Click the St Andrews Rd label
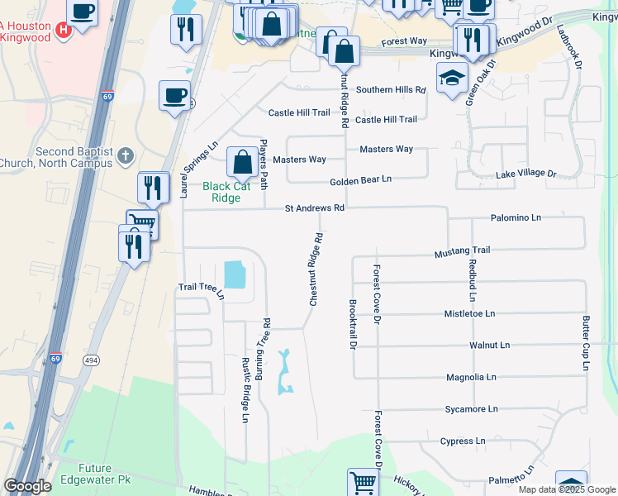click(314, 208)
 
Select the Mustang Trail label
click(463, 250)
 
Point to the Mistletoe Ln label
click(469, 314)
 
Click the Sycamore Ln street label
click(471, 408)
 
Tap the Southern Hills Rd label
click(390, 89)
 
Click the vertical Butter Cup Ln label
click(586, 342)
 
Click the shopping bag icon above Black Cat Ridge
click(242, 162)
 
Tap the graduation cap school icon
click(452, 79)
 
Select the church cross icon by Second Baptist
click(125, 155)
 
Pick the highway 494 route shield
click(91, 360)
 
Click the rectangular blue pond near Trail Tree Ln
click(234, 274)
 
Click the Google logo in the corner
click(28, 486)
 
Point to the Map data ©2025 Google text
click(567, 489)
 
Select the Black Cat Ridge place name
click(226, 192)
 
